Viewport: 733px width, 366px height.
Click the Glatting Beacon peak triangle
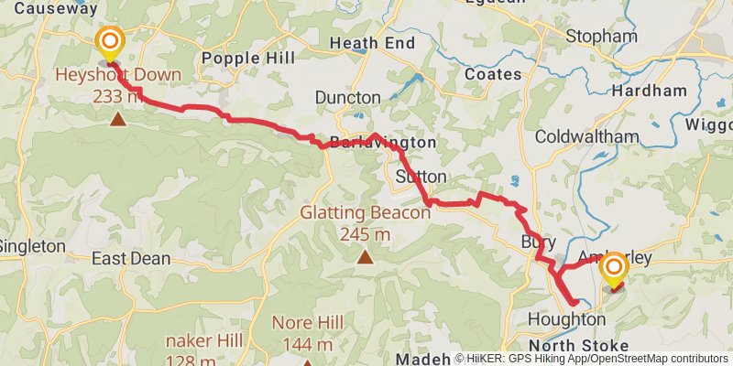(366, 256)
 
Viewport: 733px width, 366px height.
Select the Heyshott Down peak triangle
(117, 118)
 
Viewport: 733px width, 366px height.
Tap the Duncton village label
(347, 97)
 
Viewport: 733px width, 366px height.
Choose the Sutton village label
(421, 176)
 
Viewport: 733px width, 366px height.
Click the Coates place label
(493, 73)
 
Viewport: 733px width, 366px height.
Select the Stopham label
(601, 37)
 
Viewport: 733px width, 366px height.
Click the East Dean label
(131, 259)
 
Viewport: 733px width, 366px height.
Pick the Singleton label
(32, 246)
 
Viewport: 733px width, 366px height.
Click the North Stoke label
(579, 345)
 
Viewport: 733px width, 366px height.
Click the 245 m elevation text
(366, 234)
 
